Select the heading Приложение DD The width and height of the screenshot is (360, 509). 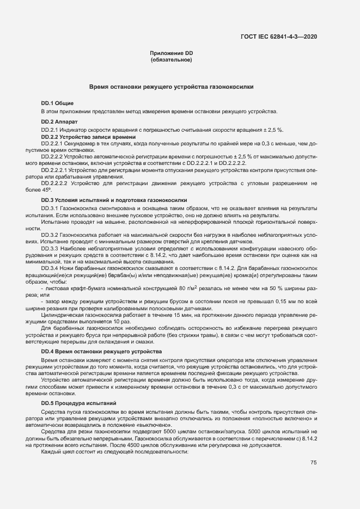point(172,53)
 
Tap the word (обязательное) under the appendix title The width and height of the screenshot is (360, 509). point(172,59)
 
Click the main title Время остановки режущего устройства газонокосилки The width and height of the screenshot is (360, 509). point(172,87)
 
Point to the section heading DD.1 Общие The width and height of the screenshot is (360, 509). point(57,103)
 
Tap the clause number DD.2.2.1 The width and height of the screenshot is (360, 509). point(52,143)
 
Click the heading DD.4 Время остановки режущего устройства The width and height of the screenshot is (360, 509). point(101,352)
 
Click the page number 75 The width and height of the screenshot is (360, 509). point(313,463)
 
